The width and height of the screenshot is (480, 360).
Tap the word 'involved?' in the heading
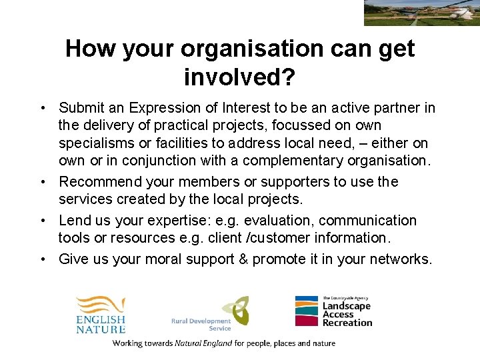tap(239, 77)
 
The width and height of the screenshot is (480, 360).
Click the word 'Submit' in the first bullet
tap(81, 108)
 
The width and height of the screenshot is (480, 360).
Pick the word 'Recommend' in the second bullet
tap(99, 182)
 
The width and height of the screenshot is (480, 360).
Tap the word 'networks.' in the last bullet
tap(401, 259)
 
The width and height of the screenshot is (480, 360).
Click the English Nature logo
tap(100, 313)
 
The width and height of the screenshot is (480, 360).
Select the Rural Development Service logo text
tap(201, 325)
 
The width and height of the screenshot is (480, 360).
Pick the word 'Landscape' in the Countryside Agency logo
tap(346, 306)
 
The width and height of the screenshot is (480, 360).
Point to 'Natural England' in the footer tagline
tap(203, 344)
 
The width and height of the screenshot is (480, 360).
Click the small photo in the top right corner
tap(421, 13)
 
